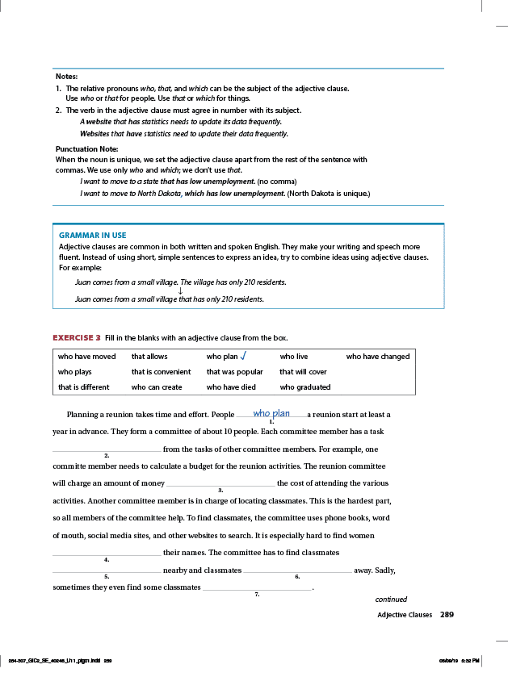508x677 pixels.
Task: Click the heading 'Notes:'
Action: tap(66, 76)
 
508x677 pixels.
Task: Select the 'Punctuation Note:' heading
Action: tap(86, 149)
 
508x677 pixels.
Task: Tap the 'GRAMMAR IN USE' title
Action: tap(92, 235)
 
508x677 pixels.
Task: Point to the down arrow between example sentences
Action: tap(179, 290)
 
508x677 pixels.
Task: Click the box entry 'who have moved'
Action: tap(86, 357)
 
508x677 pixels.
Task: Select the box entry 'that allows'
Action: tap(149, 357)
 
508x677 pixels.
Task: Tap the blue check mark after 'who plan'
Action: tap(243, 356)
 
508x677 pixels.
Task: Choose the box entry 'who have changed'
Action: tap(377, 357)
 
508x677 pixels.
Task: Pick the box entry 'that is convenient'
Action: tap(161, 372)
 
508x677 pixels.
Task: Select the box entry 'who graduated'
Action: tap(305, 387)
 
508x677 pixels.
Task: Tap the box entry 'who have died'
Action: tap(231, 387)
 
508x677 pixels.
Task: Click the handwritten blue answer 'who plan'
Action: tap(271, 413)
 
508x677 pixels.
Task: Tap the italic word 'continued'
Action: tap(391, 600)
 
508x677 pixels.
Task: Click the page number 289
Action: tap(447, 615)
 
